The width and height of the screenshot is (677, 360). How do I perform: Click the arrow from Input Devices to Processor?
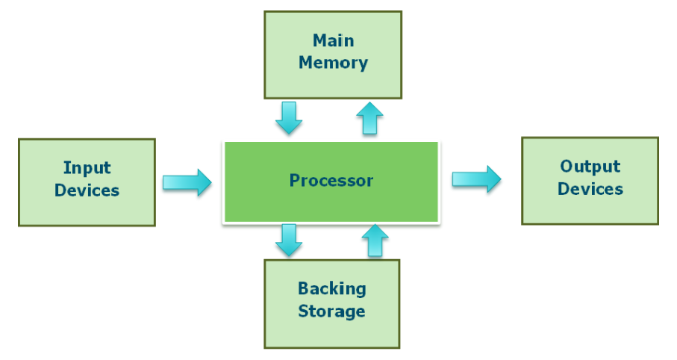tap(187, 182)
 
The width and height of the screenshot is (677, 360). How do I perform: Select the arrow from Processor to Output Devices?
tap(476, 179)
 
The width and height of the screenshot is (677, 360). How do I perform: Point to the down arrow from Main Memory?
tap(289, 117)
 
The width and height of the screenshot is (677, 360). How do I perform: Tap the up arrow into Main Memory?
tap(369, 118)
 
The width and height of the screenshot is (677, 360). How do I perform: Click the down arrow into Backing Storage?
tap(289, 240)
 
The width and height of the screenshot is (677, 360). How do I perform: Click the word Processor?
tap(331, 180)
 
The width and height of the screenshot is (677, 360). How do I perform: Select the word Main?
tap(333, 40)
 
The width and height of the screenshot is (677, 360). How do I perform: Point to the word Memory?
tap(333, 62)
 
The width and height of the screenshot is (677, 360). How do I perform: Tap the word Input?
tap(87, 168)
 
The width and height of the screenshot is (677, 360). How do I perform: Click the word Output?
tap(590, 166)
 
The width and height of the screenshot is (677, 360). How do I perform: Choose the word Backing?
tap(331, 288)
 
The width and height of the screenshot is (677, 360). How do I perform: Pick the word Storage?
tap(331, 311)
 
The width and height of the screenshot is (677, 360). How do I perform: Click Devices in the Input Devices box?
tap(87, 190)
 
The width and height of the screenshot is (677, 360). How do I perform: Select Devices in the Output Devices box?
tap(590, 188)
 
